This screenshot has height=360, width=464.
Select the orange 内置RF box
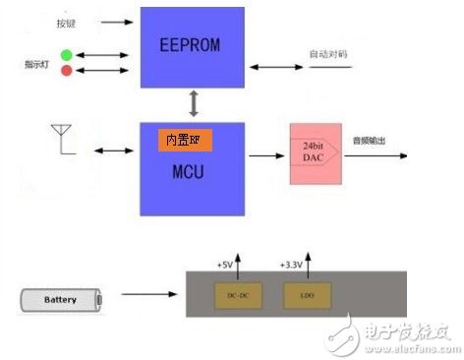[x=185, y=141]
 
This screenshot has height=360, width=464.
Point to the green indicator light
[x=66, y=55]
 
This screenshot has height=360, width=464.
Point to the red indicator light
[x=66, y=71]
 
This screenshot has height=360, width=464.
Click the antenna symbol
[x=61, y=140]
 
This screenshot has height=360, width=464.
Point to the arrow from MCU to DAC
[x=262, y=155]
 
